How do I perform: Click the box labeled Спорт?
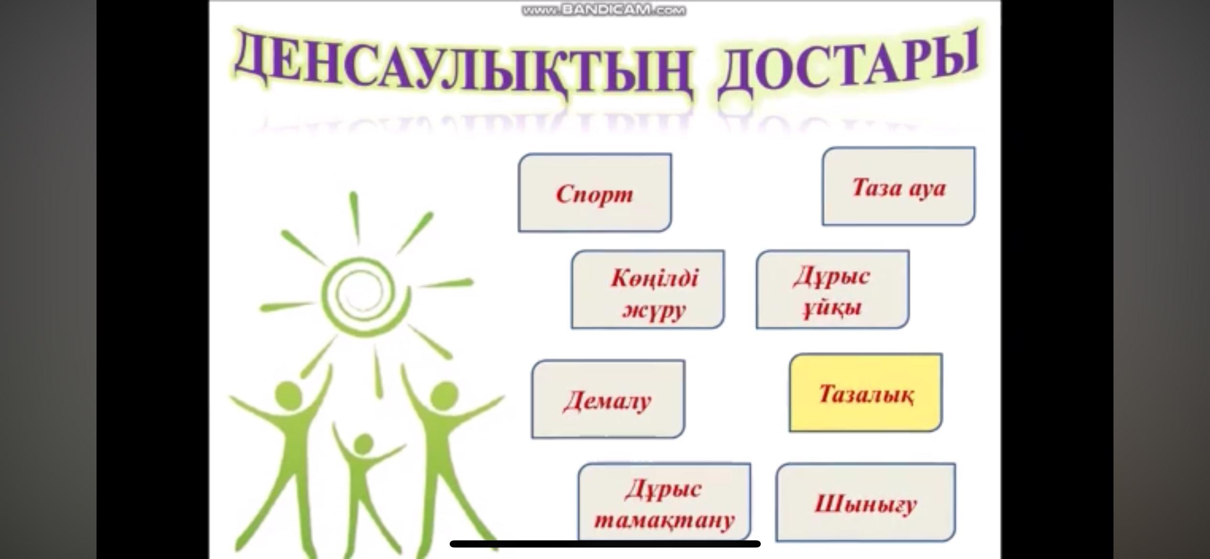click(594, 193)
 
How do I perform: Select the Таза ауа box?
click(898, 186)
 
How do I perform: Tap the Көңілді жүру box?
click(648, 290)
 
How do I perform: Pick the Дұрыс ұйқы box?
click(832, 290)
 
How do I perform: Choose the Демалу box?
click(608, 399)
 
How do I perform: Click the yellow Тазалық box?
click(865, 393)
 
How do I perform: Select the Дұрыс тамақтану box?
click(664, 502)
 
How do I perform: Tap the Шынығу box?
click(865, 503)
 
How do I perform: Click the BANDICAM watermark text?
click(604, 10)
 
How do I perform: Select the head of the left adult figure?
click(289, 395)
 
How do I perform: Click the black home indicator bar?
click(605, 544)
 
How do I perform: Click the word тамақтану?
click(664, 519)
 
